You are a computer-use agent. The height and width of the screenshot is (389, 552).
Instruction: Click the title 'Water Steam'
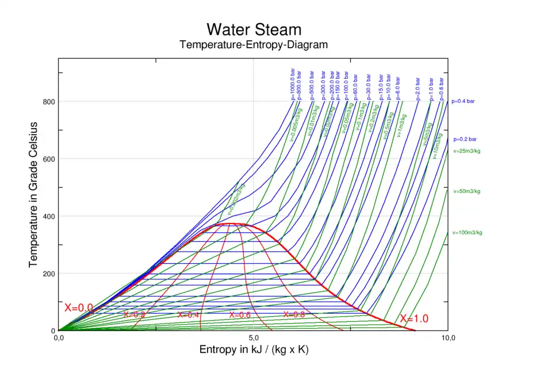pyautogui.click(x=254, y=29)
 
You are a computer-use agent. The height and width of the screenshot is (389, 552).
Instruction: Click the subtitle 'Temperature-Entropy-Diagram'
pyautogui.click(x=254, y=45)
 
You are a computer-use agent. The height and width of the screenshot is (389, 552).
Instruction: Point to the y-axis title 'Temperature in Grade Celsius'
pyautogui.click(x=33, y=194)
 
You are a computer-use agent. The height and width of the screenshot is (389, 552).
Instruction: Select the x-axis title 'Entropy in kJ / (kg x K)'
pyautogui.click(x=254, y=349)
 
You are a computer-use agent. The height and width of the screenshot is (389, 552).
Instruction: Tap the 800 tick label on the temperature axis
pyautogui.click(x=49, y=102)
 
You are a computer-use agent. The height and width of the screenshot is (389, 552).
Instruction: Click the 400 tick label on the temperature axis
pyautogui.click(x=49, y=216)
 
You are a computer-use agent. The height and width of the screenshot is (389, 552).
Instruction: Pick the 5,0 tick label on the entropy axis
pyautogui.click(x=254, y=338)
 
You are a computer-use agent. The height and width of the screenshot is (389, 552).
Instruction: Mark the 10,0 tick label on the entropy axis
pyautogui.click(x=447, y=338)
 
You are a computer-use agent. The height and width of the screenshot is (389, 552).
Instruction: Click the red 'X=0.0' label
pyautogui.click(x=79, y=308)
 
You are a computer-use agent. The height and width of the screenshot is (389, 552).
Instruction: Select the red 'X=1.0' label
pyautogui.click(x=414, y=319)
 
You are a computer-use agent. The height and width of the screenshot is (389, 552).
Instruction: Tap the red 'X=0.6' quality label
pyautogui.click(x=240, y=315)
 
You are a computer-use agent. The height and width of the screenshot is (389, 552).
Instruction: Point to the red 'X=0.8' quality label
pyautogui.click(x=294, y=314)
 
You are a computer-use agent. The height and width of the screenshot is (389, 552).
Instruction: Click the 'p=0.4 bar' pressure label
pyautogui.click(x=463, y=102)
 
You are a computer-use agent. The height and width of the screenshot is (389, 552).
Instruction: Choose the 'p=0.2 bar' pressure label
pyautogui.click(x=465, y=139)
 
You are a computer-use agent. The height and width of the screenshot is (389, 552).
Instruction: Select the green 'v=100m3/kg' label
pyautogui.click(x=467, y=233)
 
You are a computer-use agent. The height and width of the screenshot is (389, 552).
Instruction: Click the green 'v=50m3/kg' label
pyautogui.click(x=466, y=191)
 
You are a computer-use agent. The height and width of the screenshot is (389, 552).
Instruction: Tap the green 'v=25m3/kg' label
pyautogui.click(x=466, y=152)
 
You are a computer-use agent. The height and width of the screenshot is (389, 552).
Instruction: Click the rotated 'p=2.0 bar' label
pyautogui.click(x=418, y=89)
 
